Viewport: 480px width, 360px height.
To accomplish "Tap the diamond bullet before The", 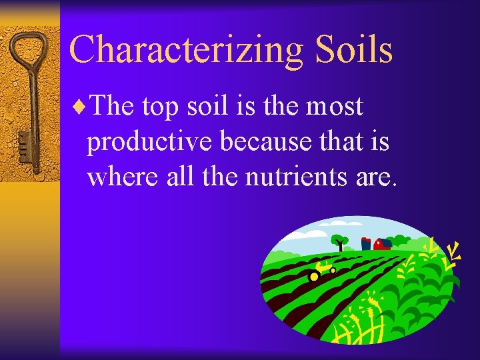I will (81, 107).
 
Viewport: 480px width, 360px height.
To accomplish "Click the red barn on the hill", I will (382, 244).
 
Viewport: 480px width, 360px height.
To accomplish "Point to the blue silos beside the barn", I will (366, 243).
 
